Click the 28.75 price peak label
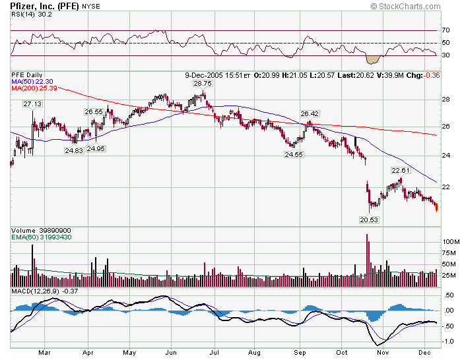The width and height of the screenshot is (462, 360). (x=202, y=84)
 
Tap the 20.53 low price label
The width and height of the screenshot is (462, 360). (x=369, y=220)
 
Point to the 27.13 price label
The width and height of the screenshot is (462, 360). (x=32, y=104)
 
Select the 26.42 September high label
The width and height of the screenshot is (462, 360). (x=310, y=113)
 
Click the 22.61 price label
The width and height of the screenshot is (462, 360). (x=401, y=170)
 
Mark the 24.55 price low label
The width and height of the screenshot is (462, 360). (x=293, y=154)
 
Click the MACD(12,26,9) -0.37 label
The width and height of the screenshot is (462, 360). (x=36, y=291)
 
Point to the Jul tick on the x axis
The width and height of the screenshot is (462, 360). (x=214, y=353)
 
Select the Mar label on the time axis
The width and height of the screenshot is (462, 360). (x=45, y=353)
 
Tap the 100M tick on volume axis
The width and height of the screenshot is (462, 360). (x=448, y=243)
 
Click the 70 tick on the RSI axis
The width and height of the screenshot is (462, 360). (x=445, y=30)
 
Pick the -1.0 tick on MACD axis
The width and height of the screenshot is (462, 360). (x=447, y=342)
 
